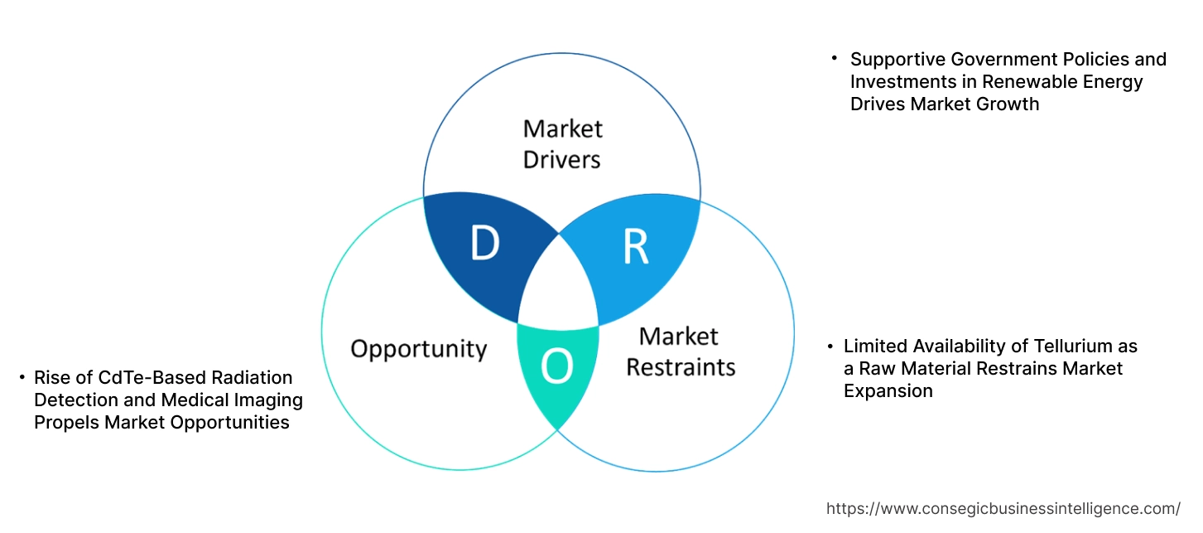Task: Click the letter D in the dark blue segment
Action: (x=484, y=243)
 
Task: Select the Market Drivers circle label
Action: (x=562, y=143)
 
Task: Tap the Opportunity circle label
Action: (x=418, y=348)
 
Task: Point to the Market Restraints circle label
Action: (x=680, y=351)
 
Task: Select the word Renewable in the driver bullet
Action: (x=1027, y=81)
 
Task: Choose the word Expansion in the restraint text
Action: (x=888, y=390)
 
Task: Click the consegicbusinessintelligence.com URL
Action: (x=1003, y=508)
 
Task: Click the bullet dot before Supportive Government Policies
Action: (x=835, y=59)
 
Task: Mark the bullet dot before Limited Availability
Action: (x=830, y=346)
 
